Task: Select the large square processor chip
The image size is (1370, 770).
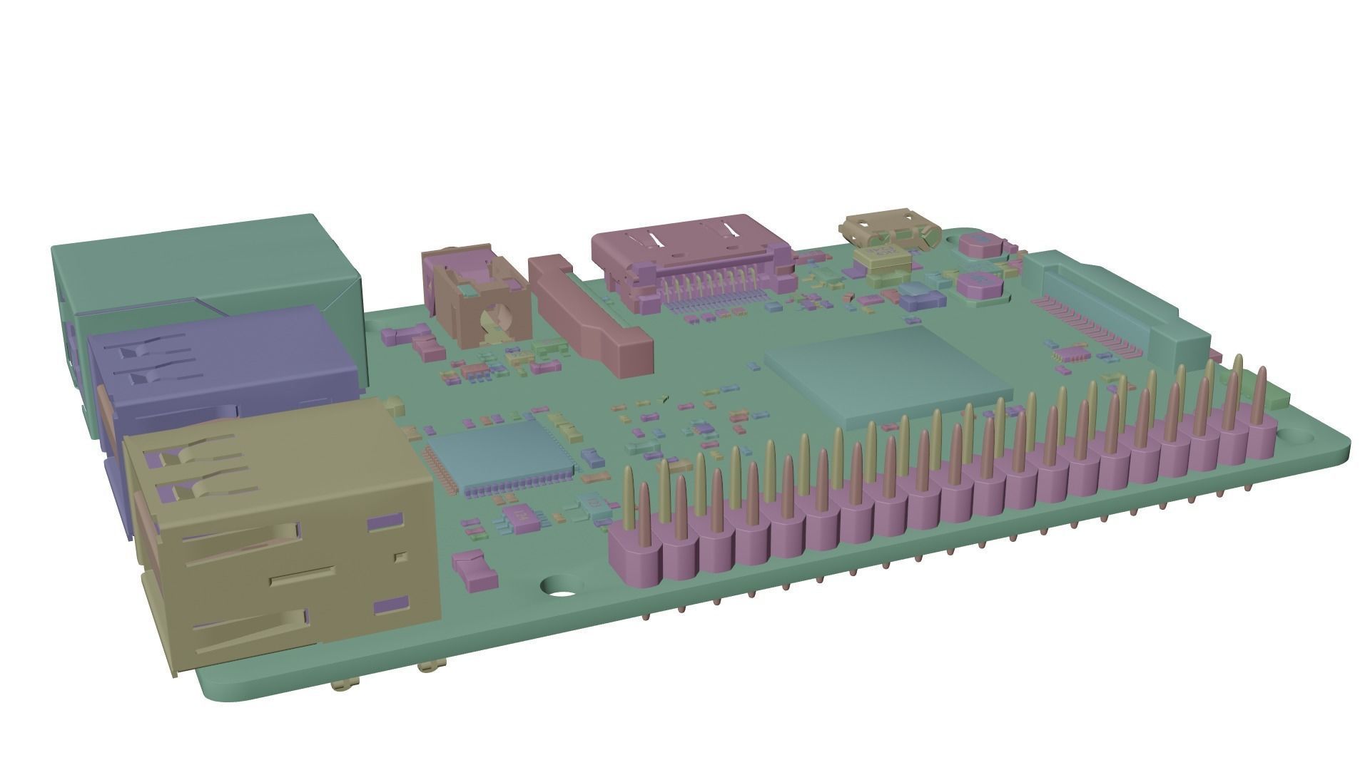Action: (x=888, y=371)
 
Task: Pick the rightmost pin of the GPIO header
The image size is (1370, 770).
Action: (x=1261, y=399)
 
